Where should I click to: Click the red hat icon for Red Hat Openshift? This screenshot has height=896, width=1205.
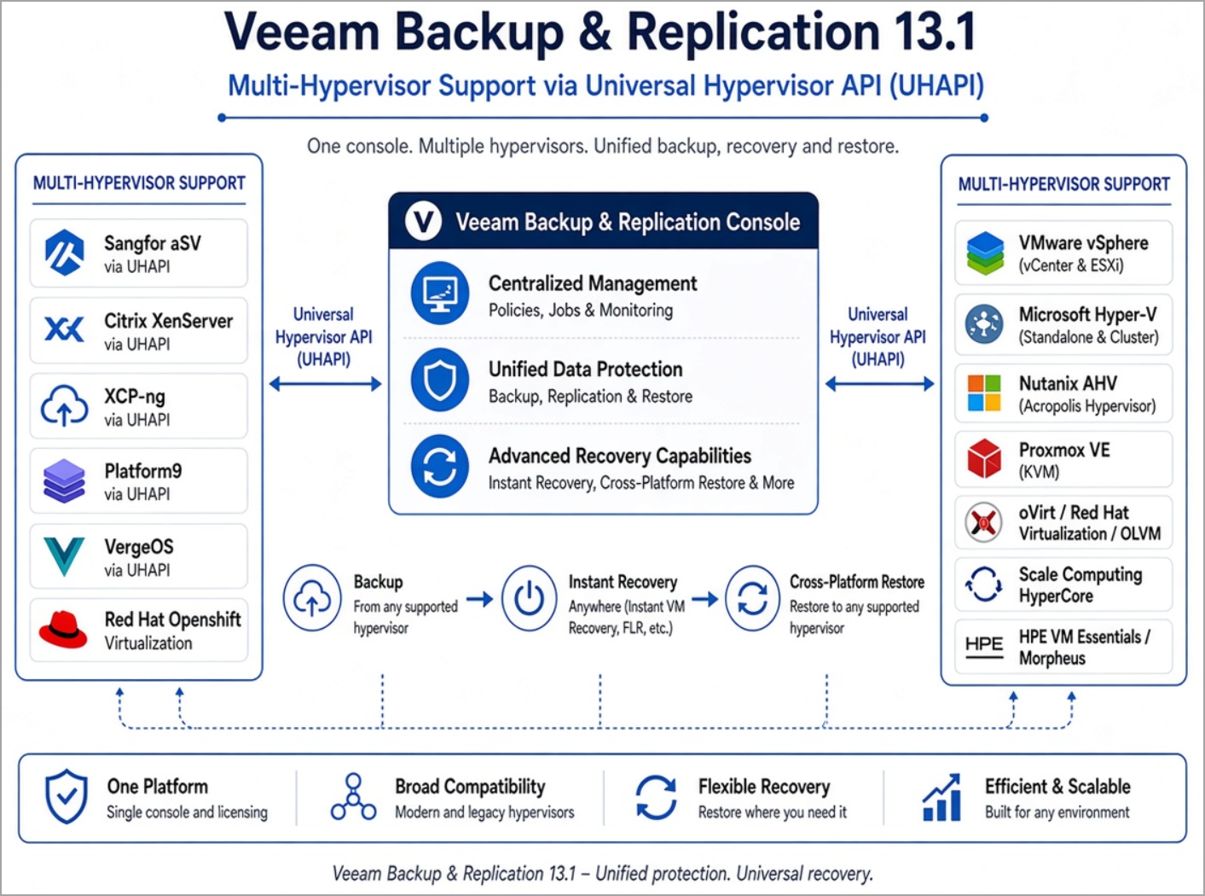coord(63,630)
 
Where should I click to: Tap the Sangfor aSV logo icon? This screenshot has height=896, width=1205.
coord(64,253)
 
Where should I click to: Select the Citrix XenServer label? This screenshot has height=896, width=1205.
coord(168,321)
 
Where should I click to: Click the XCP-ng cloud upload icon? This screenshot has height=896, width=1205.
coord(64,405)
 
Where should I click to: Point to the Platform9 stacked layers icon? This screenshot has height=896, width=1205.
coord(64,480)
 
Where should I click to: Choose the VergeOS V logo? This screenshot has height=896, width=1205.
coord(64,556)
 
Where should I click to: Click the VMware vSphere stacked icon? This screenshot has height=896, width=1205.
coord(985,253)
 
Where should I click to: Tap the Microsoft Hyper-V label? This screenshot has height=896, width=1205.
coord(1087,314)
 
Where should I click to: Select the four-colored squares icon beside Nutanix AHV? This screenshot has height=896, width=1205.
coord(984,393)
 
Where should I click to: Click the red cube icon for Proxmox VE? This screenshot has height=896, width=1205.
coord(984,459)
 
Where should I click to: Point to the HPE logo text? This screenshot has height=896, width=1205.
coord(984,644)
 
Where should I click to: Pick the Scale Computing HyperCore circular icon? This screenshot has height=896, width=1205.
coord(984,585)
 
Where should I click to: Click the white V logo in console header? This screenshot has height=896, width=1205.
coord(423,221)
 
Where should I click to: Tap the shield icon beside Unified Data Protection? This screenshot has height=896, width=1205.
coord(440,380)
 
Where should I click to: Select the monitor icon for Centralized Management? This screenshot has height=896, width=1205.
coord(440,294)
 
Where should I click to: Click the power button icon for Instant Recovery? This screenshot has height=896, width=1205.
coord(529,598)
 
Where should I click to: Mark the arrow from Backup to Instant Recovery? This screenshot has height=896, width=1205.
coord(480,599)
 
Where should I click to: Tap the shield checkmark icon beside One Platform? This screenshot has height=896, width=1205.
coord(67,796)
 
